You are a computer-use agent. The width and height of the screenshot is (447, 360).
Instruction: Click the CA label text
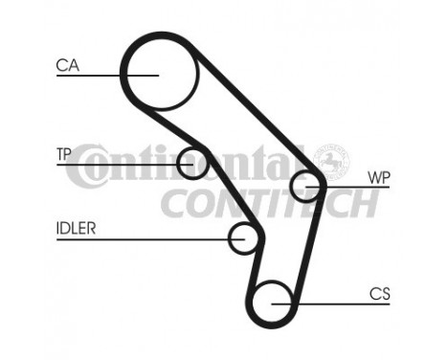(66, 65)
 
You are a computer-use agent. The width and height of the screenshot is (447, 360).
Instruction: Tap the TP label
(64, 153)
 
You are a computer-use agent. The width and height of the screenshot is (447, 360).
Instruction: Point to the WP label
(378, 177)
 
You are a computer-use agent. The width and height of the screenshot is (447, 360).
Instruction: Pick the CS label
(379, 294)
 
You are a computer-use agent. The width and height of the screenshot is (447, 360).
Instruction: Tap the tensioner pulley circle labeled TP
(193, 163)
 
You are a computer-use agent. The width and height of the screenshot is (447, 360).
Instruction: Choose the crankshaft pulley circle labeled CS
(274, 301)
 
